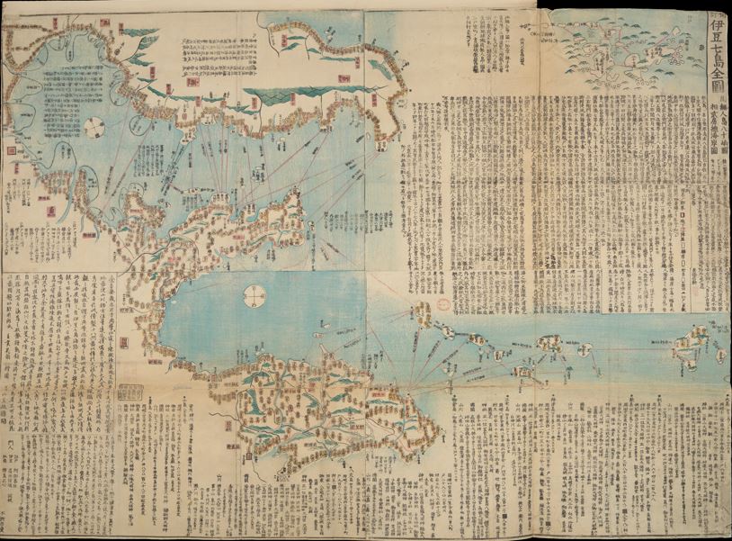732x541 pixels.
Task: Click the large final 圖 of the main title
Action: pyautogui.click(x=716, y=94)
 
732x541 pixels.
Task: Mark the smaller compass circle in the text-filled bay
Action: pyautogui.click(x=94, y=129)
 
